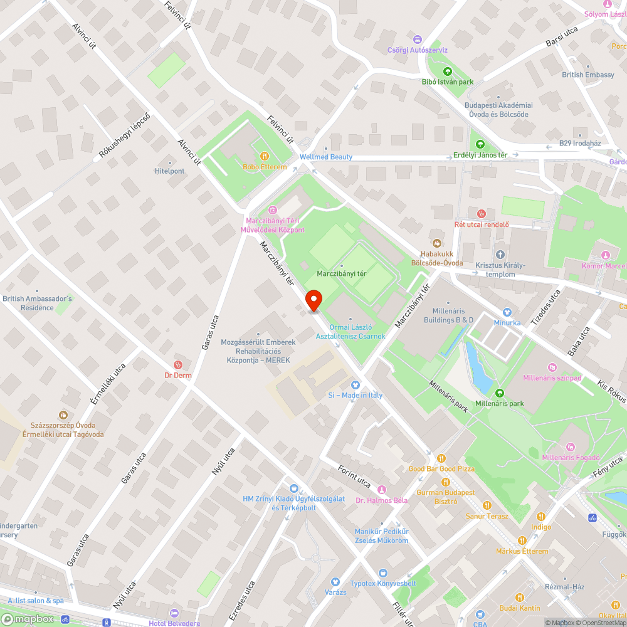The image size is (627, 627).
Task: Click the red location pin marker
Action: click(x=313, y=300)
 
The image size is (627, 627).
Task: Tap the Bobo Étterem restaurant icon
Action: click(x=265, y=156)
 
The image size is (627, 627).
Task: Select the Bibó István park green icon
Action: click(x=448, y=71)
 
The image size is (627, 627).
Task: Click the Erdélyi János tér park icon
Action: click(x=480, y=144)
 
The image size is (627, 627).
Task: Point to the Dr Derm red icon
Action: click(x=178, y=364)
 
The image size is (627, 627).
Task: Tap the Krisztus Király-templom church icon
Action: click(x=500, y=255)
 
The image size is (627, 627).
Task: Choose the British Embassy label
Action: click(x=588, y=75)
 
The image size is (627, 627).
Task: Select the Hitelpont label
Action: click(x=169, y=171)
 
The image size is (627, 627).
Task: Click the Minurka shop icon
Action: click(x=507, y=312)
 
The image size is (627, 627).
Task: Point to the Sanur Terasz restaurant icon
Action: click(x=487, y=505)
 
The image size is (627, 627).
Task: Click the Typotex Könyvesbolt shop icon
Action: click(x=382, y=573)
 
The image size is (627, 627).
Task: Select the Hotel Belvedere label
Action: click(x=174, y=623)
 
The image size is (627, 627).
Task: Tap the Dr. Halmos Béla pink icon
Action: click(x=381, y=489)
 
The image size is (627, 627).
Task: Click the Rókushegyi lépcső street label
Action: click(x=125, y=135)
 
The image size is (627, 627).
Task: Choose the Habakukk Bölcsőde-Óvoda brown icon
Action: click(x=437, y=243)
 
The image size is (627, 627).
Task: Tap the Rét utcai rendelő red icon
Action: click(x=481, y=214)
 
